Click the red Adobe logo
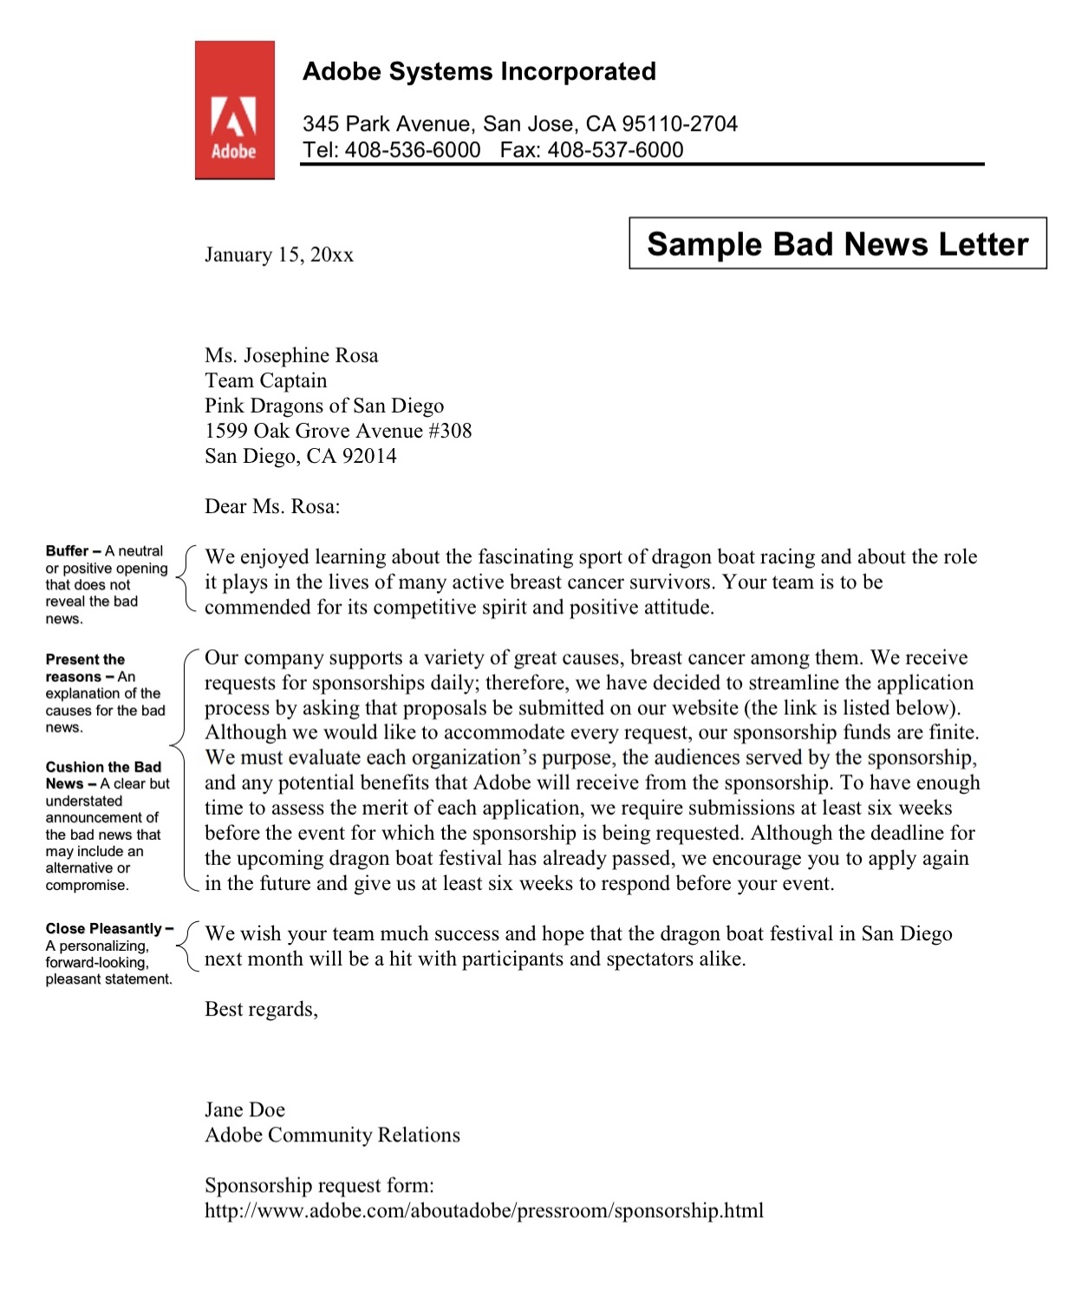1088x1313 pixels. pyautogui.click(x=234, y=110)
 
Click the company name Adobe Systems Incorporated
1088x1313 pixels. pyautogui.click(x=479, y=71)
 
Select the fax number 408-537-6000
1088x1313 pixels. pyautogui.click(x=616, y=150)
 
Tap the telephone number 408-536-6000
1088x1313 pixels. pyautogui.click(x=413, y=150)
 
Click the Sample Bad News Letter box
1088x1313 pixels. pyautogui.click(x=837, y=244)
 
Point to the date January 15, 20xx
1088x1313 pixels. pyautogui.click(x=278, y=255)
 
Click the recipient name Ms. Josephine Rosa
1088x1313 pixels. pyautogui.click(x=291, y=355)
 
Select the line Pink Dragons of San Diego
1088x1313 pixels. pyautogui.click(x=323, y=406)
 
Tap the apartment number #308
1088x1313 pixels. pyautogui.click(x=450, y=431)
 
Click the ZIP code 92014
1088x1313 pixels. pyautogui.click(x=369, y=456)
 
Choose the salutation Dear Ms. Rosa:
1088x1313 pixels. pyautogui.click(x=272, y=506)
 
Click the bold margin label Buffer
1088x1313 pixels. pyautogui.click(x=67, y=551)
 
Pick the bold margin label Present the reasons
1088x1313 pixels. pyautogui.click(x=84, y=667)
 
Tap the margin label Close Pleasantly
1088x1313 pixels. pyautogui.click(x=104, y=928)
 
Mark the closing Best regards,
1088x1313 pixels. pyautogui.click(x=261, y=1009)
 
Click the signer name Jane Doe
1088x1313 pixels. pyautogui.click(x=244, y=1109)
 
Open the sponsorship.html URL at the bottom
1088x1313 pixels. pyautogui.click(x=484, y=1211)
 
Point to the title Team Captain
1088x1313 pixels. pyautogui.click(x=265, y=380)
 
